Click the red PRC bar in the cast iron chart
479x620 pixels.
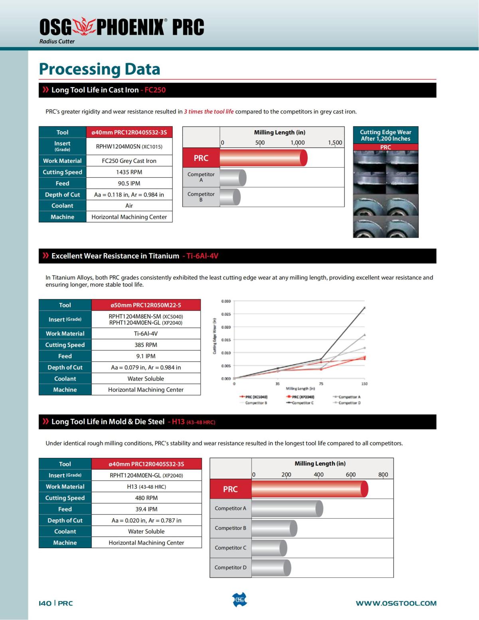pos(263,158)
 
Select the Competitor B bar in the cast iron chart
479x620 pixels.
pos(230,197)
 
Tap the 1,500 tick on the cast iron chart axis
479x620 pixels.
pos(335,143)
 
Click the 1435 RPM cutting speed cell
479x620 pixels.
pos(129,172)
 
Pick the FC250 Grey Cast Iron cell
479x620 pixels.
pos(129,161)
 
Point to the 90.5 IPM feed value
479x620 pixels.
pos(129,183)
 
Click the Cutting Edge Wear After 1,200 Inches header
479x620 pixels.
pos(386,135)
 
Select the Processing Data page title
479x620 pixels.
pos(99,69)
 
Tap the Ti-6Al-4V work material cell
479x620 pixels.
pos(146,334)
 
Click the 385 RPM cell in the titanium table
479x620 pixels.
pos(146,345)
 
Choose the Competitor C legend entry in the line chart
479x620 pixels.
pos(300,403)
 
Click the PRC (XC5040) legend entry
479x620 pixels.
pos(254,397)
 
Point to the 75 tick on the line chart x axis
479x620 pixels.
pos(321,384)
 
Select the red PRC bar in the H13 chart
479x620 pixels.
pos(309,489)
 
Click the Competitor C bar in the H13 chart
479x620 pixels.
pos(269,548)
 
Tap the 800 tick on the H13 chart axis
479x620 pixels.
pos(383,475)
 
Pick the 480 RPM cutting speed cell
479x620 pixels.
pos(146,498)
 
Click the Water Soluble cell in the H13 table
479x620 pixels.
pos(146,531)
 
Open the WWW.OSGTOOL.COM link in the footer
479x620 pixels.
pos(396,603)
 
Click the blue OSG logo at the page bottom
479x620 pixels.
pos(239,600)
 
